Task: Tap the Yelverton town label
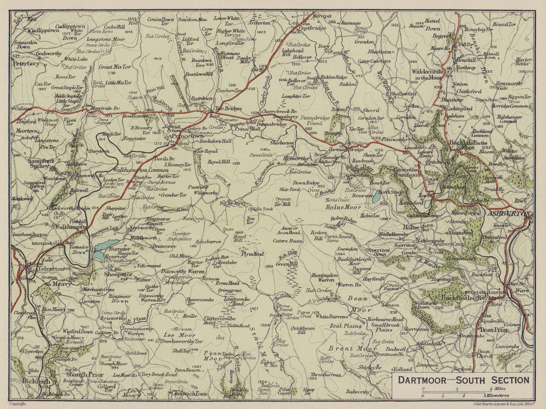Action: [x=52, y=269]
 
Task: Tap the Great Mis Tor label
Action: [x=115, y=67]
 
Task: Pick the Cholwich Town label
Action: [x=186, y=394]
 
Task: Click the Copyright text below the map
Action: [x=19, y=405]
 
